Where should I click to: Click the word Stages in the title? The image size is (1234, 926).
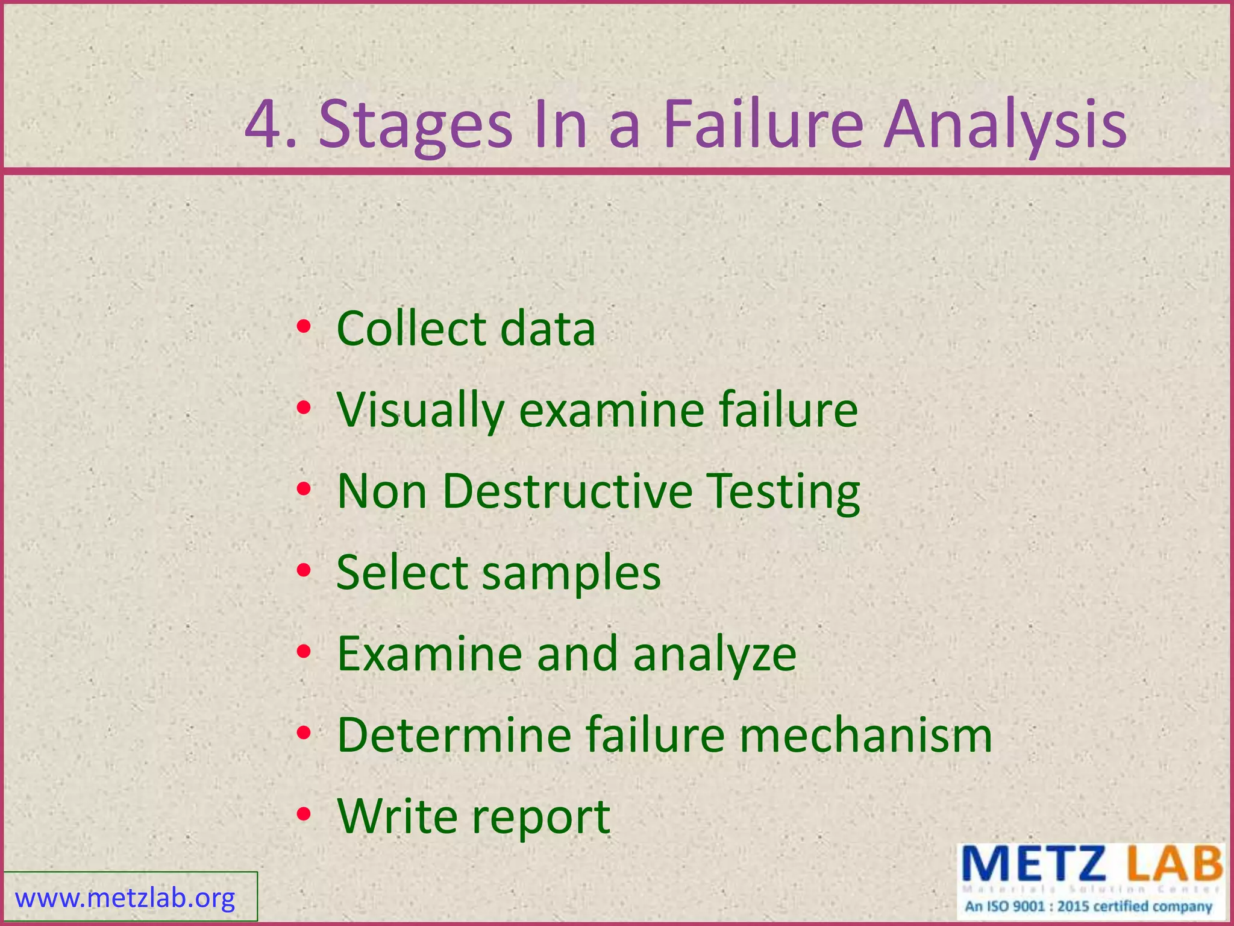(415, 127)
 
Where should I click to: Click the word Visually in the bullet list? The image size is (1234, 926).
(420, 411)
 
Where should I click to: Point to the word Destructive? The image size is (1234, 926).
(568, 491)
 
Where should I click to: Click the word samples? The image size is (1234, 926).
(571, 573)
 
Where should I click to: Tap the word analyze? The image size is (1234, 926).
(715, 655)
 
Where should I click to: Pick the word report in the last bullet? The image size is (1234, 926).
(540, 817)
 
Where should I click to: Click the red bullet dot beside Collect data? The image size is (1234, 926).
(304, 327)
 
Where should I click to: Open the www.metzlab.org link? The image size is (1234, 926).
(125, 898)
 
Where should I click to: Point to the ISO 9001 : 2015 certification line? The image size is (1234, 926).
(1088, 906)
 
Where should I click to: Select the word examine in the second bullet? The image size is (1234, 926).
(612, 411)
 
